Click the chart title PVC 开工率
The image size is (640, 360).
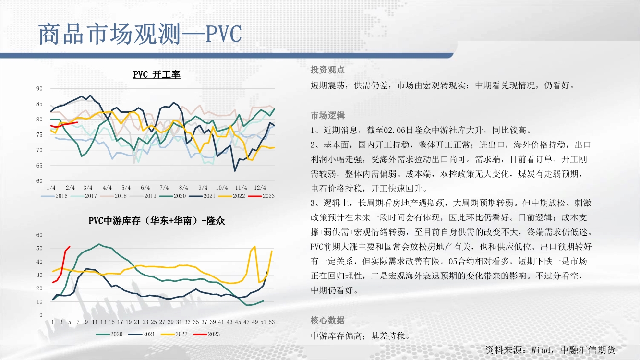157,74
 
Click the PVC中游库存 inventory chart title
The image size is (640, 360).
157,221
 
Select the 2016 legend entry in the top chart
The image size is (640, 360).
54,196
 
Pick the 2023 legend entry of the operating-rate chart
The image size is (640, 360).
261,196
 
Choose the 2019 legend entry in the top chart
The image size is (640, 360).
143,196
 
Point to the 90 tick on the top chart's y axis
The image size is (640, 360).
39,89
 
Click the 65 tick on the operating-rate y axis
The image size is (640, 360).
39,166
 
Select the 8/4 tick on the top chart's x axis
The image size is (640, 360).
183,188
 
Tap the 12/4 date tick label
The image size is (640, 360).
260,188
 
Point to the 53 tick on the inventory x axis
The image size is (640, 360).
272,322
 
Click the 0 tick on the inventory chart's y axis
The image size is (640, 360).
41,315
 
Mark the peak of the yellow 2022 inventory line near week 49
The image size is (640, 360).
254,246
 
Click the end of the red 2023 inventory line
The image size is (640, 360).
70,246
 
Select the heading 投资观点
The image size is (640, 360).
327,70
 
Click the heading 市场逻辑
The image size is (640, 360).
327,115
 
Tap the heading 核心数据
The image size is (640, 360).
327,320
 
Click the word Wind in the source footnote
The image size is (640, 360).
541,350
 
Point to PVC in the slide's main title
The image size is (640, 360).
224,34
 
